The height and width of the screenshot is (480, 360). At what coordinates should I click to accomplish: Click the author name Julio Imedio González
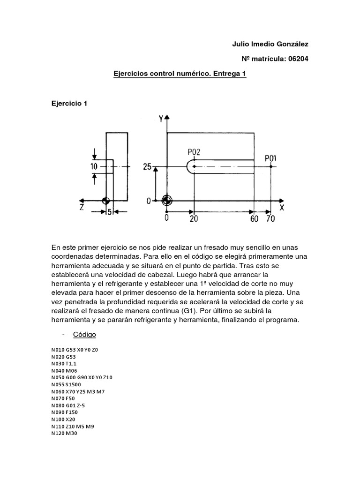pos(270,44)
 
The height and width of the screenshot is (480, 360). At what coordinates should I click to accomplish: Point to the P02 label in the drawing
pos(194,152)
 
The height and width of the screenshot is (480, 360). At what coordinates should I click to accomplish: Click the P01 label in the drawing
pos(270,158)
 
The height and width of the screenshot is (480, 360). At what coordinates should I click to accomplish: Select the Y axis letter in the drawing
pos(161,119)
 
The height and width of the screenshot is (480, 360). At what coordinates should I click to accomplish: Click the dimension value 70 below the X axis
pos(270,219)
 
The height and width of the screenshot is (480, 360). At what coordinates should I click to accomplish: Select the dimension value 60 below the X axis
pos(255,219)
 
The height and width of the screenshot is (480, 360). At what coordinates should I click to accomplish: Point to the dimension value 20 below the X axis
pos(193,219)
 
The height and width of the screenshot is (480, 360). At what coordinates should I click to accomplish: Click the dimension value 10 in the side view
pos(94,166)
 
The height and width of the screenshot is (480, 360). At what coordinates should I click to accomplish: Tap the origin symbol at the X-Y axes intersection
pos(165,200)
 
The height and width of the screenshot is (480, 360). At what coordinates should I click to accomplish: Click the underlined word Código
pos(84,335)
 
